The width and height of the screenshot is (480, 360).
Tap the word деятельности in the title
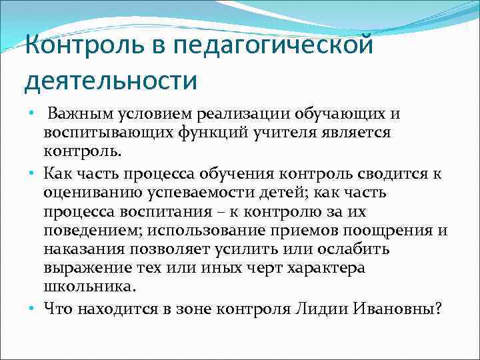[111, 82]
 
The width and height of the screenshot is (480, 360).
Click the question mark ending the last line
[437, 309]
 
